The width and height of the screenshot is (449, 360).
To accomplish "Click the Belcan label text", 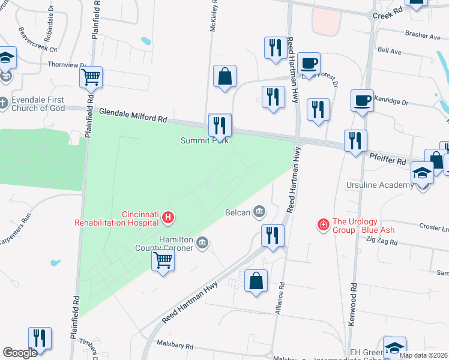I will (238, 212).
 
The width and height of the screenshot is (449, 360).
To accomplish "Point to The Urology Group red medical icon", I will (324, 224).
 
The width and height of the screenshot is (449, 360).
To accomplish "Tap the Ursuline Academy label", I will (380, 185).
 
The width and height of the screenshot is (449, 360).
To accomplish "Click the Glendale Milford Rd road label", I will (133, 115).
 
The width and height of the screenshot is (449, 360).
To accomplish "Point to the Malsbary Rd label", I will (175, 346).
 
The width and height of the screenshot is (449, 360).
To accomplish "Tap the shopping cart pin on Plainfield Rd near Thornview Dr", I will (91, 76).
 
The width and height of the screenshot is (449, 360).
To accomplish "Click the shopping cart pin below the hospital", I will (163, 260).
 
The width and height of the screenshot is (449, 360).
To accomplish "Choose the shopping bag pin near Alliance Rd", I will (256, 280).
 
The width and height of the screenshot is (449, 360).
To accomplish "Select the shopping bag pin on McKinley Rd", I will (224, 76).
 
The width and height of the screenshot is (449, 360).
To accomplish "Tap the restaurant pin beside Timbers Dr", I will (40, 337).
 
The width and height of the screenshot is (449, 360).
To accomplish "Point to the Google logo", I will (20, 353).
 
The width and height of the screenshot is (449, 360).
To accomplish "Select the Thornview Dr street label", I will (67, 64).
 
